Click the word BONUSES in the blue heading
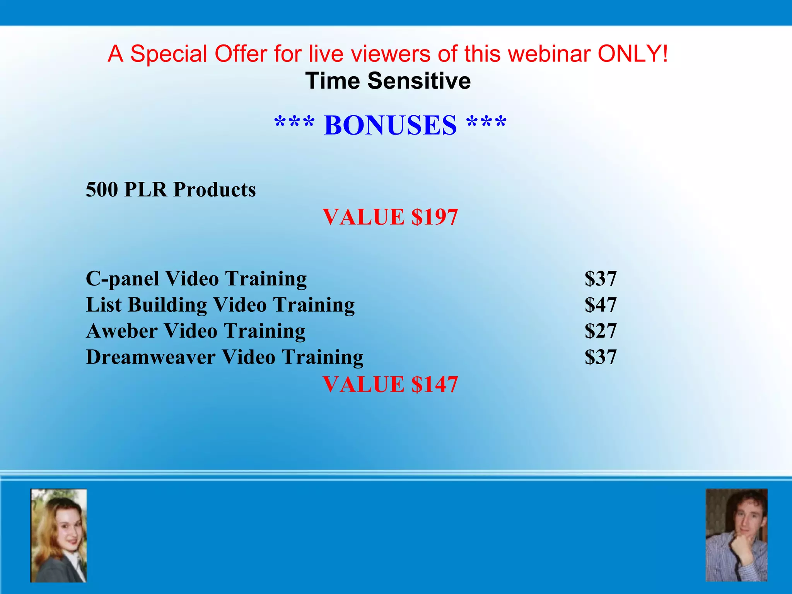390,125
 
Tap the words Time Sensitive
388,81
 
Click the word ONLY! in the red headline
633,53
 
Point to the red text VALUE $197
390,217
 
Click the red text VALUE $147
390,384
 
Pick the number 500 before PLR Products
102,189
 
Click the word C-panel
122,279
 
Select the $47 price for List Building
600,305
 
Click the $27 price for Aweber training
600,331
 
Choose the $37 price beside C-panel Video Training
600,279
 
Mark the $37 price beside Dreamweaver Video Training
600,357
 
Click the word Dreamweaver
150,357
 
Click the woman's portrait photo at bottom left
59,536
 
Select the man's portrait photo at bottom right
736,535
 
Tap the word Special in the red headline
169,53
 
